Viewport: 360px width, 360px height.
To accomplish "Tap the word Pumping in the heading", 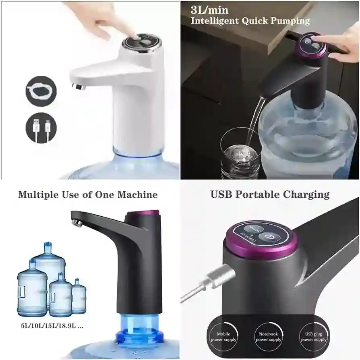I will [289, 21].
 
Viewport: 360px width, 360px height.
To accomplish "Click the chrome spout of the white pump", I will [78, 86].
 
